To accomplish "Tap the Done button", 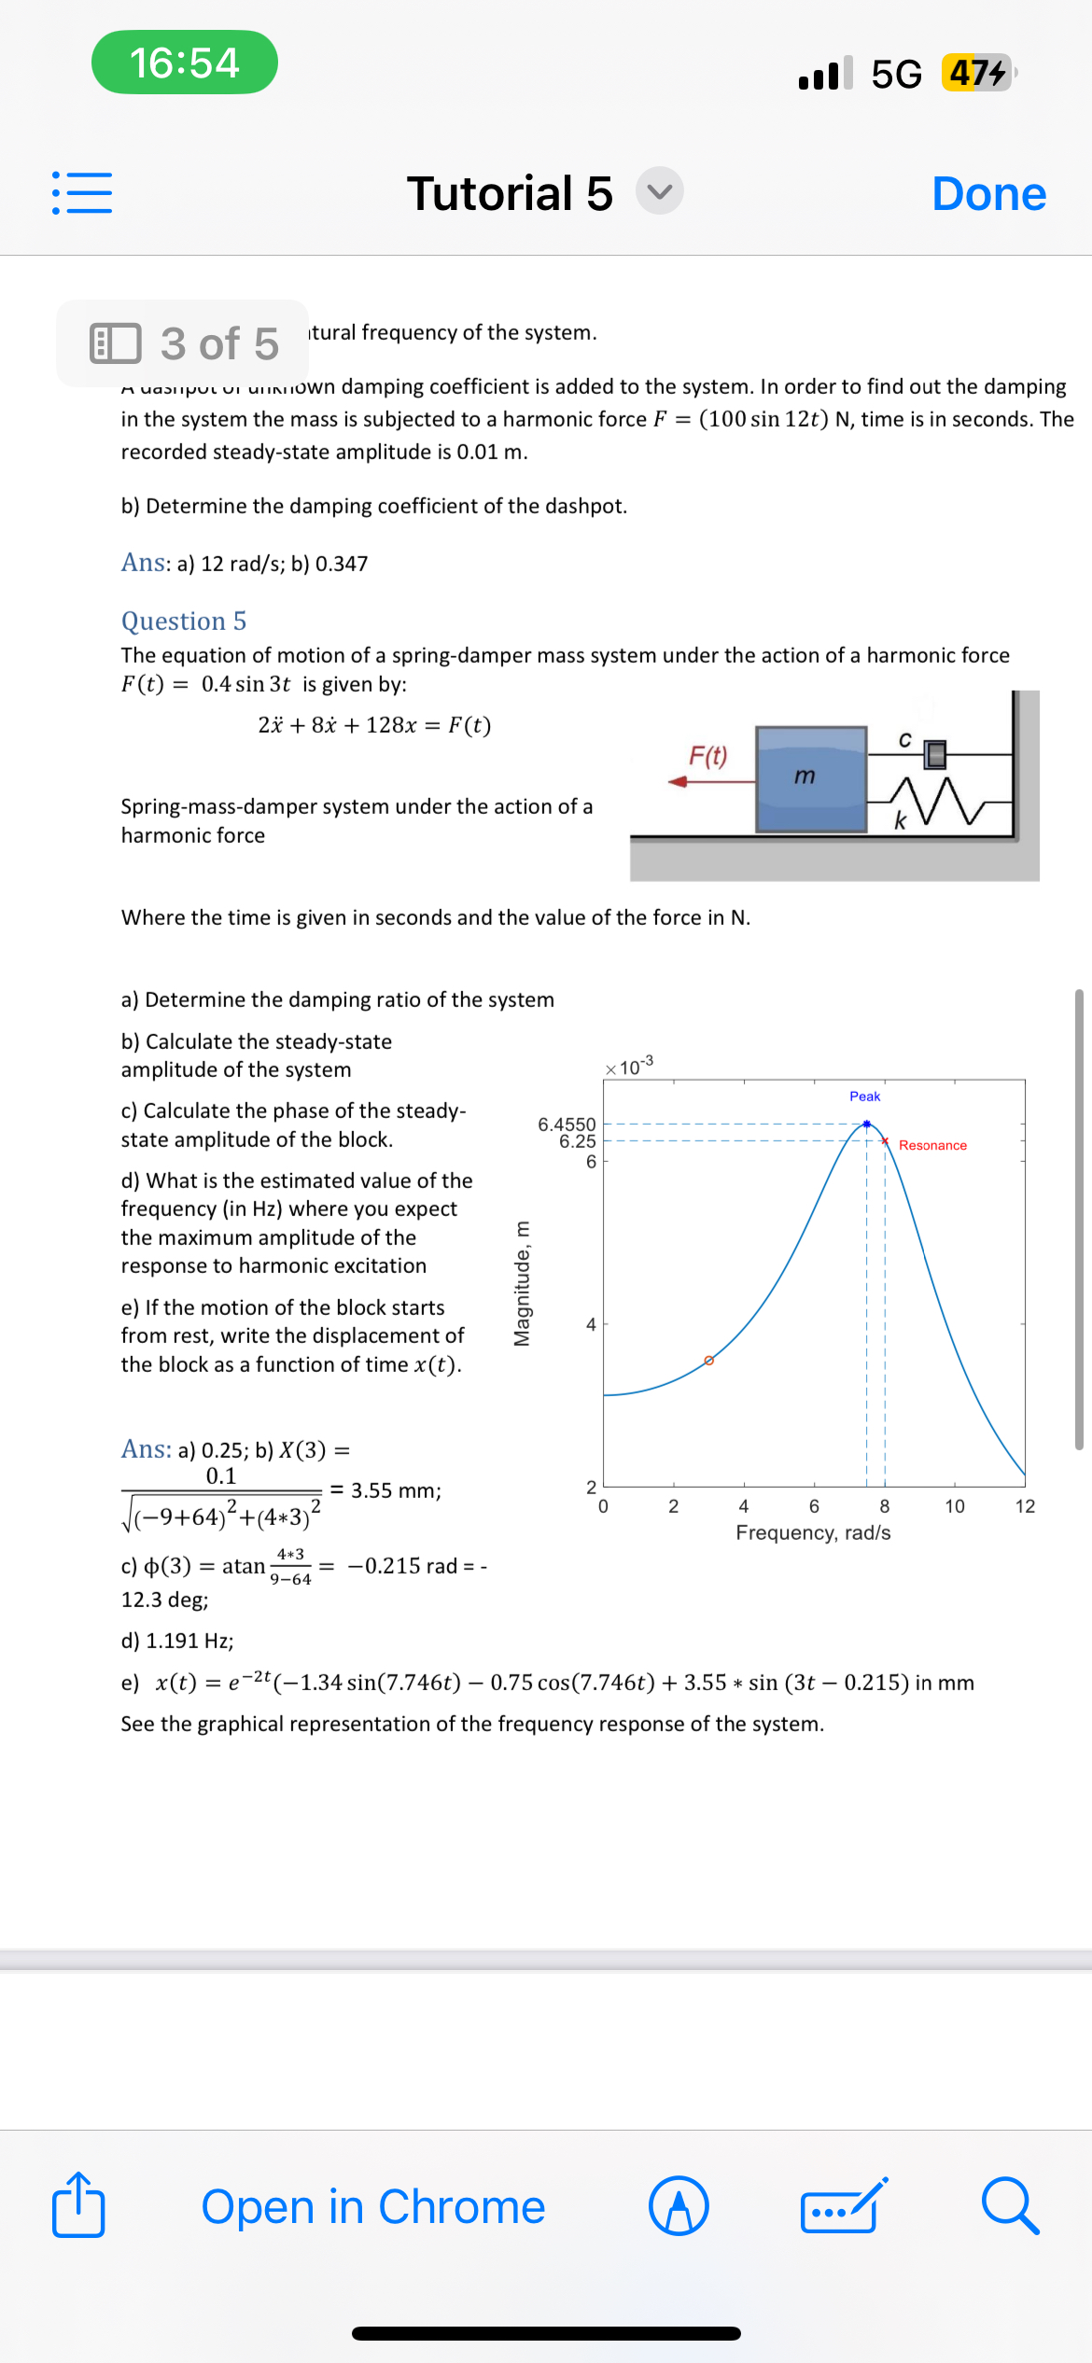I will pyautogui.click(x=988, y=194).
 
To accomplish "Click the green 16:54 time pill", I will pyautogui.click(x=184, y=63).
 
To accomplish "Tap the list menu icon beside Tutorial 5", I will pyautogui.click(x=82, y=192).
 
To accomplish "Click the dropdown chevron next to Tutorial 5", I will pyautogui.click(x=660, y=191).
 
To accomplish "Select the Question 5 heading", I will pyautogui.click(x=184, y=621).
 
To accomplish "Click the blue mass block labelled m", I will pyautogui.click(x=810, y=778).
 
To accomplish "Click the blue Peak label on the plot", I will pyautogui.click(x=864, y=1096).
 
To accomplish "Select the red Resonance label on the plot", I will pyautogui.click(x=931, y=1145).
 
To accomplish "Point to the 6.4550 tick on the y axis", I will pyautogui.click(x=566, y=1124).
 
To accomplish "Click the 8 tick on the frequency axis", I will pyautogui.click(x=884, y=1506).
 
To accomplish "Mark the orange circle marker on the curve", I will pyautogui.click(x=708, y=1361).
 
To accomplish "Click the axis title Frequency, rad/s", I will pyautogui.click(x=813, y=1532).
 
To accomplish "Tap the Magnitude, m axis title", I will pyautogui.click(x=522, y=1283).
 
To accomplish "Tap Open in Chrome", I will pyautogui.click(x=373, y=2206).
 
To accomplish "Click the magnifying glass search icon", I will pyautogui.click(x=1010, y=2206).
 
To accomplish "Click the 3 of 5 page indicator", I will pyautogui.click(x=184, y=343).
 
